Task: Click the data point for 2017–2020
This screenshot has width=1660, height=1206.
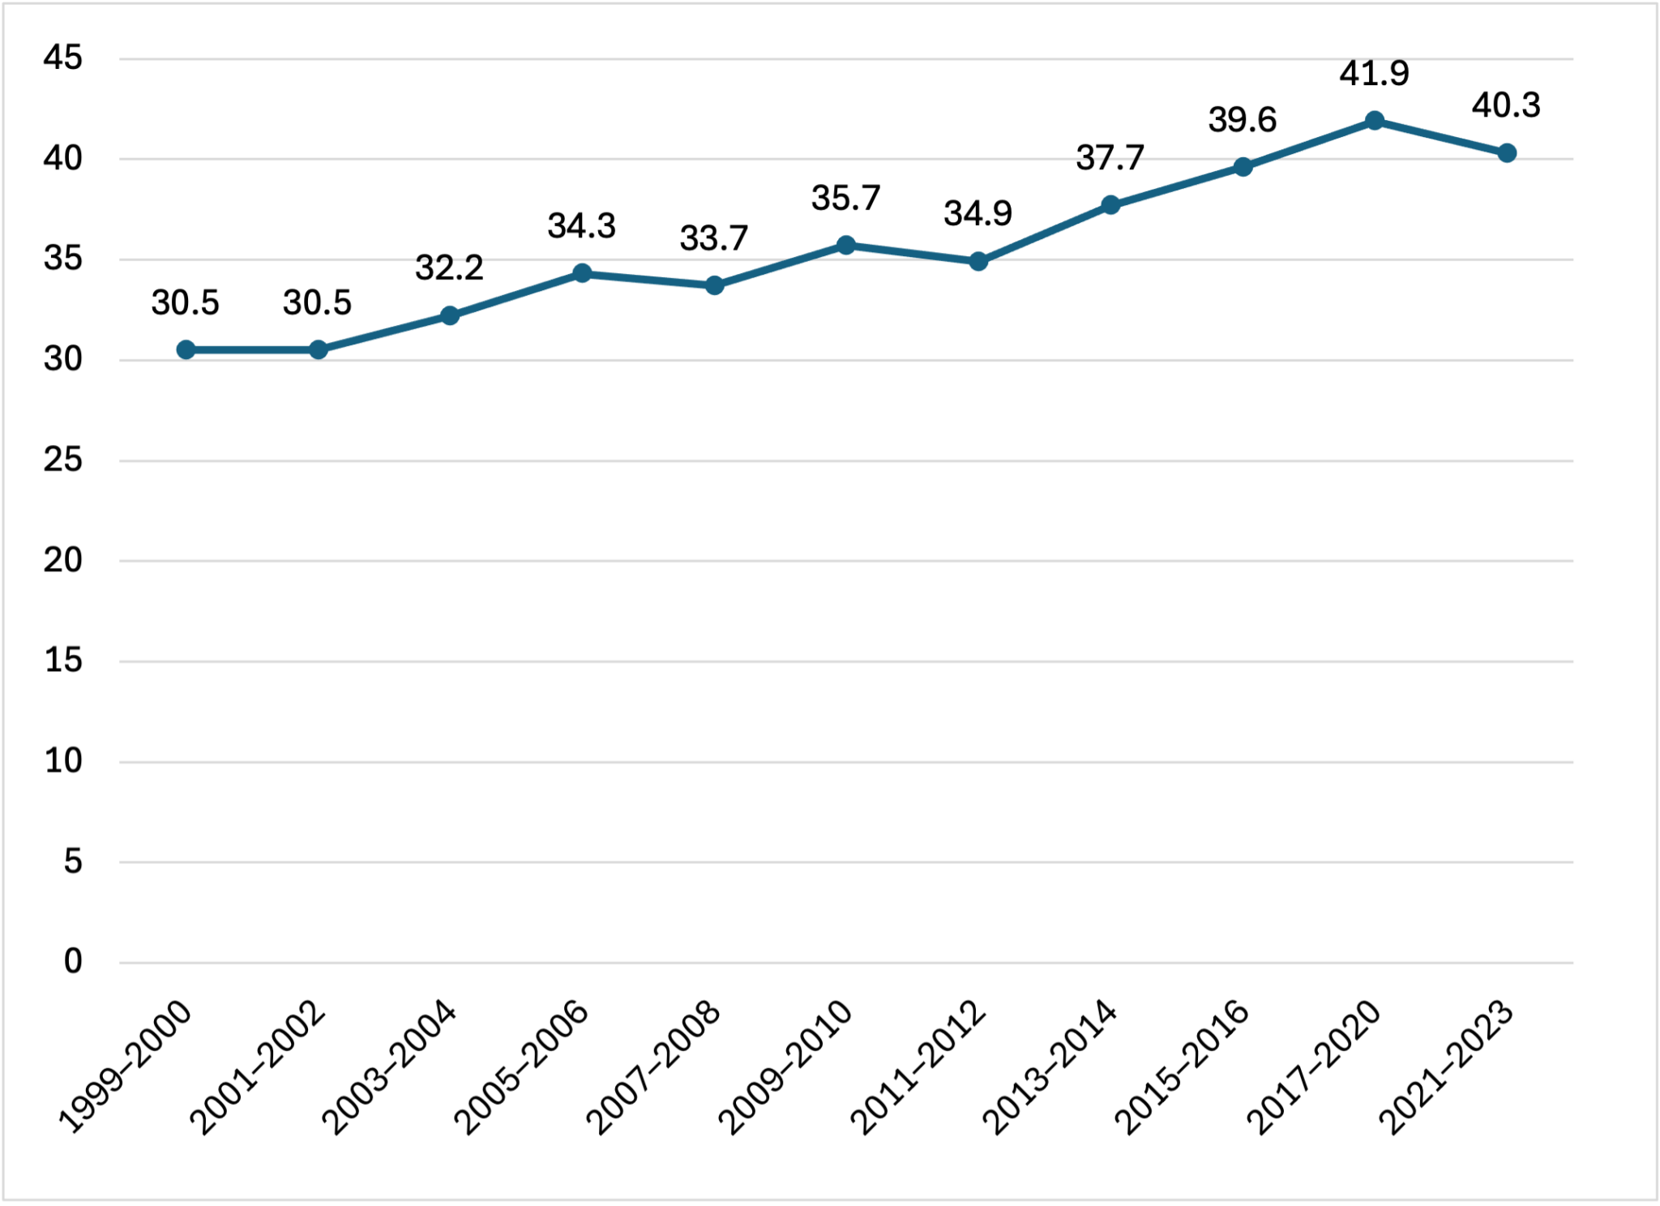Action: pyautogui.click(x=1375, y=121)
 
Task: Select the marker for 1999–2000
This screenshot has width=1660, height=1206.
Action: pyautogui.click(x=186, y=349)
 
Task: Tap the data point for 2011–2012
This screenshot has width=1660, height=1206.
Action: pyautogui.click(x=978, y=261)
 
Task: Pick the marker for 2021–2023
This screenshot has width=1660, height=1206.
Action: pyautogui.click(x=1507, y=153)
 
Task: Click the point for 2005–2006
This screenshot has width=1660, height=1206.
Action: pyautogui.click(x=582, y=273)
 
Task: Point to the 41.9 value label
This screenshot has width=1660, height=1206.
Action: pyautogui.click(x=1375, y=74)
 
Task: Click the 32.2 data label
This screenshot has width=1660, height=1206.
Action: pyautogui.click(x=449, y=267)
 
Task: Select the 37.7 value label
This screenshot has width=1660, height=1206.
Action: pyautogui.click(x=1110, y=157)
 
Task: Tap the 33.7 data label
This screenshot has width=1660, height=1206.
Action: pyautogui.click(x=713, y=238)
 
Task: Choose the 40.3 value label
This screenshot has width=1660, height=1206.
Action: pyautogui.click(x=1506, y=105)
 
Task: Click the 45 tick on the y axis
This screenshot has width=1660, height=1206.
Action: pyautogui.click(x=63, y=58)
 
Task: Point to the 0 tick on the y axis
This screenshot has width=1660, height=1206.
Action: pyautogui.click(x=73, y=961)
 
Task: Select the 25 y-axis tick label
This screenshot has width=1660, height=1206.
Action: pyautogui.click(x=63, y=460)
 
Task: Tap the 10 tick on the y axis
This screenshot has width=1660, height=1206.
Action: pyautogui.click(x=63, y=761)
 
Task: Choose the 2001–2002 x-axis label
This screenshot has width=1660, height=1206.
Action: pyautogui.click(x=259, y=1068)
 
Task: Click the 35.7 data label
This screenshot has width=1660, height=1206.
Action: pyautogui.click(x=845, y=199)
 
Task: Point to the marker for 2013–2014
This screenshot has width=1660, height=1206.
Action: pyautogui.click(x=1110, y=205)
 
